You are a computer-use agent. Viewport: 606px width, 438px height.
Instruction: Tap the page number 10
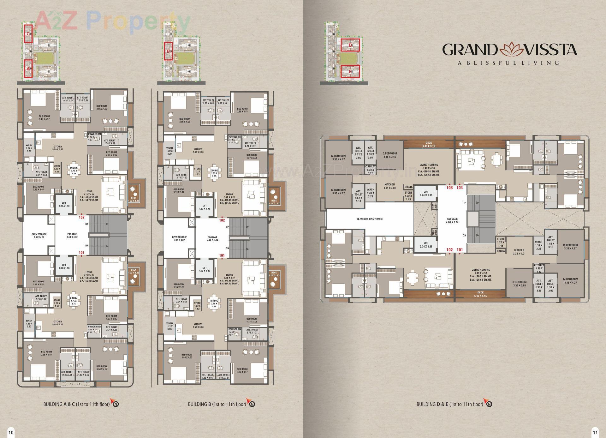tap(11, 432)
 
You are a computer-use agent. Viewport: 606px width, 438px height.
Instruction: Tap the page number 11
tap(595, 432)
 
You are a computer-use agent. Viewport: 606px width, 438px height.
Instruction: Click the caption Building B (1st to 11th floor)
tap(217, 404)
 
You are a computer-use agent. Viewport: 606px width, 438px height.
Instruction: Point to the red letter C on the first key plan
tap(28, 33)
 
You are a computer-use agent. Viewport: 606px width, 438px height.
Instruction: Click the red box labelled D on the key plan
tap(350, 45)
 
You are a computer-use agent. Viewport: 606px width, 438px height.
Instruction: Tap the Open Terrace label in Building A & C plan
tap(39, 236)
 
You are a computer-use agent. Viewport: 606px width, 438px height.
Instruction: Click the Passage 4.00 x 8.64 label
tap(452, 220)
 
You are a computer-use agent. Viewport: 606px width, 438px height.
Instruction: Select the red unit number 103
tap(449, 188)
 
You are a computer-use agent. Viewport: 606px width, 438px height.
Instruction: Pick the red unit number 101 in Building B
tap(222, 255)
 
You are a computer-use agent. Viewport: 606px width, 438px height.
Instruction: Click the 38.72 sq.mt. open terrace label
tap(370, 219)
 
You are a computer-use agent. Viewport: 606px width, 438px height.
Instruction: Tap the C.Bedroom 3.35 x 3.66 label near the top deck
tap(390, 155)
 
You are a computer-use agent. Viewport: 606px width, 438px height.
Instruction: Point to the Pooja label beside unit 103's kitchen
tap(408, 187)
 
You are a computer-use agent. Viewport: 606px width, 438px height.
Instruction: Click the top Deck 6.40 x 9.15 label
tap(428, 144)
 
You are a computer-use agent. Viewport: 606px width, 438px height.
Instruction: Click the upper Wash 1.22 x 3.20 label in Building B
tap(169, 151)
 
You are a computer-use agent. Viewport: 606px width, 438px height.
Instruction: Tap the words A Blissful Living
tap(508, 63)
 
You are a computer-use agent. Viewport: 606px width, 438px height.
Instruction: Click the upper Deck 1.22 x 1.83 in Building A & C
tap(134, 199)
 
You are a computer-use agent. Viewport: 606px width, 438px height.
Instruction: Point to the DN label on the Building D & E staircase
tap(464, 235)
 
